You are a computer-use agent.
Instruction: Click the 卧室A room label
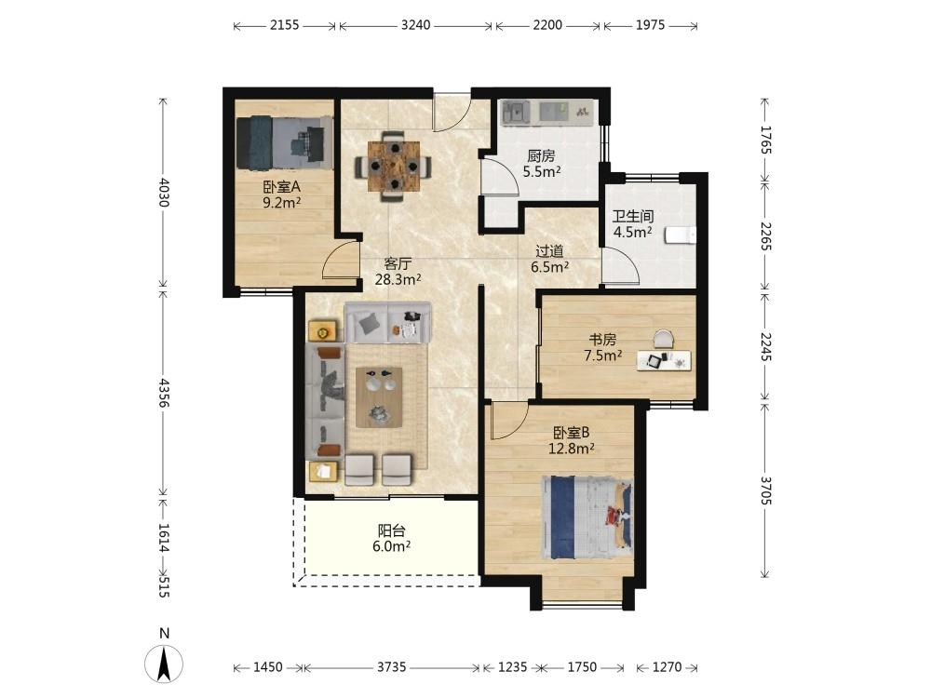[281, 187]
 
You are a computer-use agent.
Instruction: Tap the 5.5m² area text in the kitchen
[542, 172]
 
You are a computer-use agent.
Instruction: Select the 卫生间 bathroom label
[633, 216]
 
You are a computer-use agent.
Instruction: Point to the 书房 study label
[602, 340]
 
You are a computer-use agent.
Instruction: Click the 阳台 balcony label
[391, 530]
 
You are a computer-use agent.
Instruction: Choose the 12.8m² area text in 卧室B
[572, 449]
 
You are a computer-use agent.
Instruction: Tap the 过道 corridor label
[550, 251]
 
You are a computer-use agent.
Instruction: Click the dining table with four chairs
[393, 167]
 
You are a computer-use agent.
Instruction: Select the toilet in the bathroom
[681, 235]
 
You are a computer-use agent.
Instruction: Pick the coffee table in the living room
[379, 397]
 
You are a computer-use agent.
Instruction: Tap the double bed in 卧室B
[587, 517]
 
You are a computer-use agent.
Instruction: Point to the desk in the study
[664, 360]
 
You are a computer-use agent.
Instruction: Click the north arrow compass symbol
[164, 663]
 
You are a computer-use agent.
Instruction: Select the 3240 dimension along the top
[415, 25]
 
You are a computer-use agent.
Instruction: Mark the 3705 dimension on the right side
[765, 490]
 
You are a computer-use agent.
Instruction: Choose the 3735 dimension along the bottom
[391, 667]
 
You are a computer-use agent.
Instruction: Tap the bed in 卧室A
[284, 142]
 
